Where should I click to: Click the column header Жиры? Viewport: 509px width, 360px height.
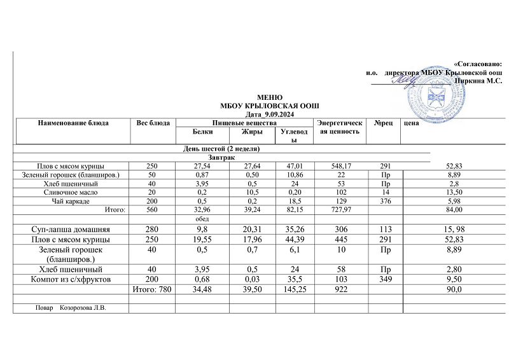click(248, 132)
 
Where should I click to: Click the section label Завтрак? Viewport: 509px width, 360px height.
click(221, 156)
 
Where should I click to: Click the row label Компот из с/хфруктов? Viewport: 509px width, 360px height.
click(71, 279)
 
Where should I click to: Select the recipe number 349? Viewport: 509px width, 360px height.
click(382, 279)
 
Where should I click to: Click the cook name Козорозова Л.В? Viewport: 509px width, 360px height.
click(82, 308)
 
